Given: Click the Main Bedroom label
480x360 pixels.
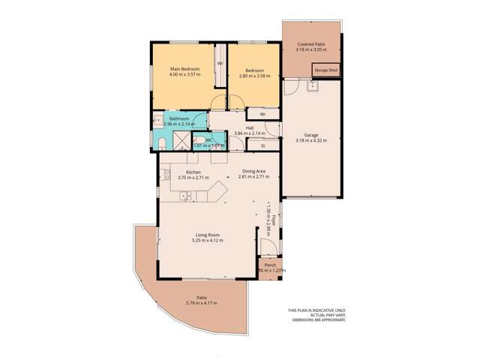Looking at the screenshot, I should [184, 69].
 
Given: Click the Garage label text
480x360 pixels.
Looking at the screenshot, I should [311, 135].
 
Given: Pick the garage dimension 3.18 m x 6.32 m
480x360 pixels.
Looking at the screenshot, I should [311, 140].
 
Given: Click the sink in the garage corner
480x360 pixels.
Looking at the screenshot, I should [313, 86].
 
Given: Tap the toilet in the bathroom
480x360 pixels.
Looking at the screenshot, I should [162, 143].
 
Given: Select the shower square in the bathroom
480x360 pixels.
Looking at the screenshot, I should [182, 141].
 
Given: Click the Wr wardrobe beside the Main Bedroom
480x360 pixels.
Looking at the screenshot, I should [220, 63].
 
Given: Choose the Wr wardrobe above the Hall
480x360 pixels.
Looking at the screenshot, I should [253, 113].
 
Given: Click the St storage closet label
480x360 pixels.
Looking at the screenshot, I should [263, 145].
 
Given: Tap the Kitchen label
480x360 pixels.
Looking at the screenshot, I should [193, 172].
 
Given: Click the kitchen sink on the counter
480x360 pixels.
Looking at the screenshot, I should [186, 196].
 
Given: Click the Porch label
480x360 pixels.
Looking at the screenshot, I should [270, 265].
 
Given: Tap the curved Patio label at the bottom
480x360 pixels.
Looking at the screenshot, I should [202, 298].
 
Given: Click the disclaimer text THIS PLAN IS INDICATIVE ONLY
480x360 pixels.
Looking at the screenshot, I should [316, 310].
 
